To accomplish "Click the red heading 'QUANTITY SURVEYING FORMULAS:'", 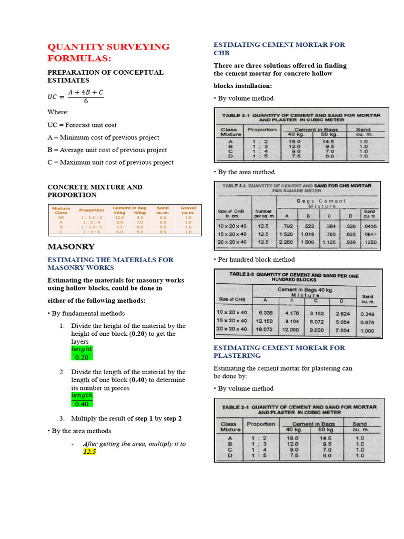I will click(x=108, y=52).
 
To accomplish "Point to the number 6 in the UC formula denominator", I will click(x=85, y=102).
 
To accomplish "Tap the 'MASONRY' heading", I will click(x=71, y=246).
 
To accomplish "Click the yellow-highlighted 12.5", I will click(x=89, y=452).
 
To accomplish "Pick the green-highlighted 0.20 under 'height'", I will click(x=82, y=357).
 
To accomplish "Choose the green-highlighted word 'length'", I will click(x=82, y=395).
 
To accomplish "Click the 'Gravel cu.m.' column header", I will click(x=188, y=211).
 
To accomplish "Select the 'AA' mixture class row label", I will click(x=61, y=217).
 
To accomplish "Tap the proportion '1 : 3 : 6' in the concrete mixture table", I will click(x=92, y=232).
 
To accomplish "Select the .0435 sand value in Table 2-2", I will click(x=370, y=226).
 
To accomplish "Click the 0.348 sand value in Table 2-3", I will click(x=367, y=314).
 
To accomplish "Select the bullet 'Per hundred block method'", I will click(x=254, y=259).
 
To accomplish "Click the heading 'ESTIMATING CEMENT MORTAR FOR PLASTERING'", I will click(x=279, y=352).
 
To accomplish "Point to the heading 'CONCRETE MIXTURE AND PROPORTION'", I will click(x=95, y=191).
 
